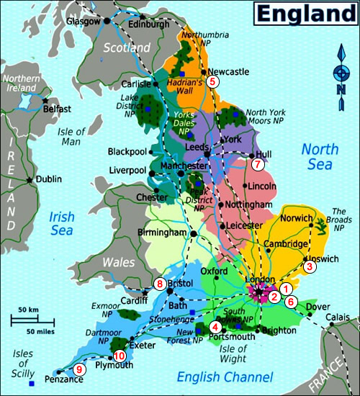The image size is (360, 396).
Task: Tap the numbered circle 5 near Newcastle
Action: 212,82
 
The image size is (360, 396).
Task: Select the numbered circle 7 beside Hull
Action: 258,163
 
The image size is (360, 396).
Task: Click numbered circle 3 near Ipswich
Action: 310,266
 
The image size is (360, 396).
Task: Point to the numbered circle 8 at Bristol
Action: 160,283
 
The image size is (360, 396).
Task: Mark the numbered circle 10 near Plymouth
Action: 120,356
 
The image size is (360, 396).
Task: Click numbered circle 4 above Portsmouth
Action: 215,327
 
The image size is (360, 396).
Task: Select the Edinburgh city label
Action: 149,23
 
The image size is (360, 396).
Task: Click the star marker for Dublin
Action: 30,179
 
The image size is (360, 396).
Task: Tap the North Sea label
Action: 320,157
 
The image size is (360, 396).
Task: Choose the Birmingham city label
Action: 162,233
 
